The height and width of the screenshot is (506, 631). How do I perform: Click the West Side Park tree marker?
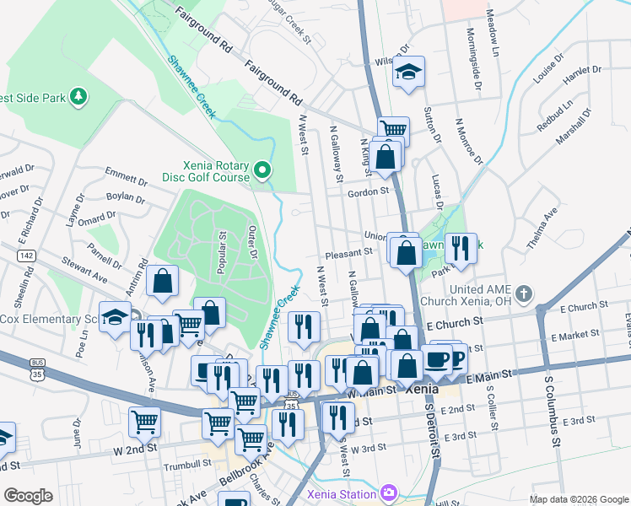pos(78,98)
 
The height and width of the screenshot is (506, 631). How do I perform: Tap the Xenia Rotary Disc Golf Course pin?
pos(262,171)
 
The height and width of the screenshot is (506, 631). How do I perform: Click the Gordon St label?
pos(367,191)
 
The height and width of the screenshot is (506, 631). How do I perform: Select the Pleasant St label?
pos(348,252)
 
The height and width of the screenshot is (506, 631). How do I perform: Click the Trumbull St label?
pos(188,463)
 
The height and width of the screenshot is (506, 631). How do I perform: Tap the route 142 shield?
pos(28,254)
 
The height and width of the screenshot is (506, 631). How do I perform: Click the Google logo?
pos(28,495)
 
